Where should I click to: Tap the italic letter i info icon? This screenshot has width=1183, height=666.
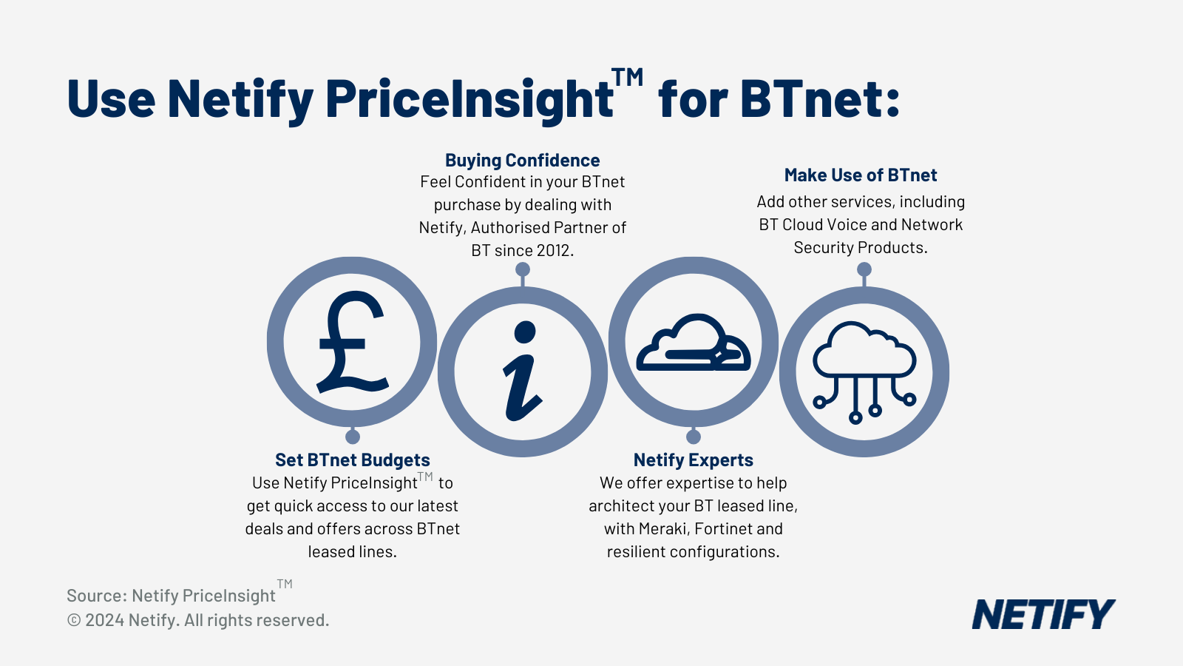[522, 371]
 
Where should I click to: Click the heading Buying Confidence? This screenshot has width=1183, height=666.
[522, 160]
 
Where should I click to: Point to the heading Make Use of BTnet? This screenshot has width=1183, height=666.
[861, 175]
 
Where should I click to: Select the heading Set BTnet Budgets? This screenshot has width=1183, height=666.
[352, 460]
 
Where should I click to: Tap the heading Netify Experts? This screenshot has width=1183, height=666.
[693, 460]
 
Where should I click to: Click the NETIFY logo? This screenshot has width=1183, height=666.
[1043, 614]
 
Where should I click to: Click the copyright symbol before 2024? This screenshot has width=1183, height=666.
[74, 620]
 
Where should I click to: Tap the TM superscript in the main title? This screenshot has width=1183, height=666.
[628, 78]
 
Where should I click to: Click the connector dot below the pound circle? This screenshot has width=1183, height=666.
[352, 437]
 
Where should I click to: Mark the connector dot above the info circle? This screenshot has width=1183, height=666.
[522, 269]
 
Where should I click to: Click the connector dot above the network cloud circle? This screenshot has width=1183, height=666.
[864, 269]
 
